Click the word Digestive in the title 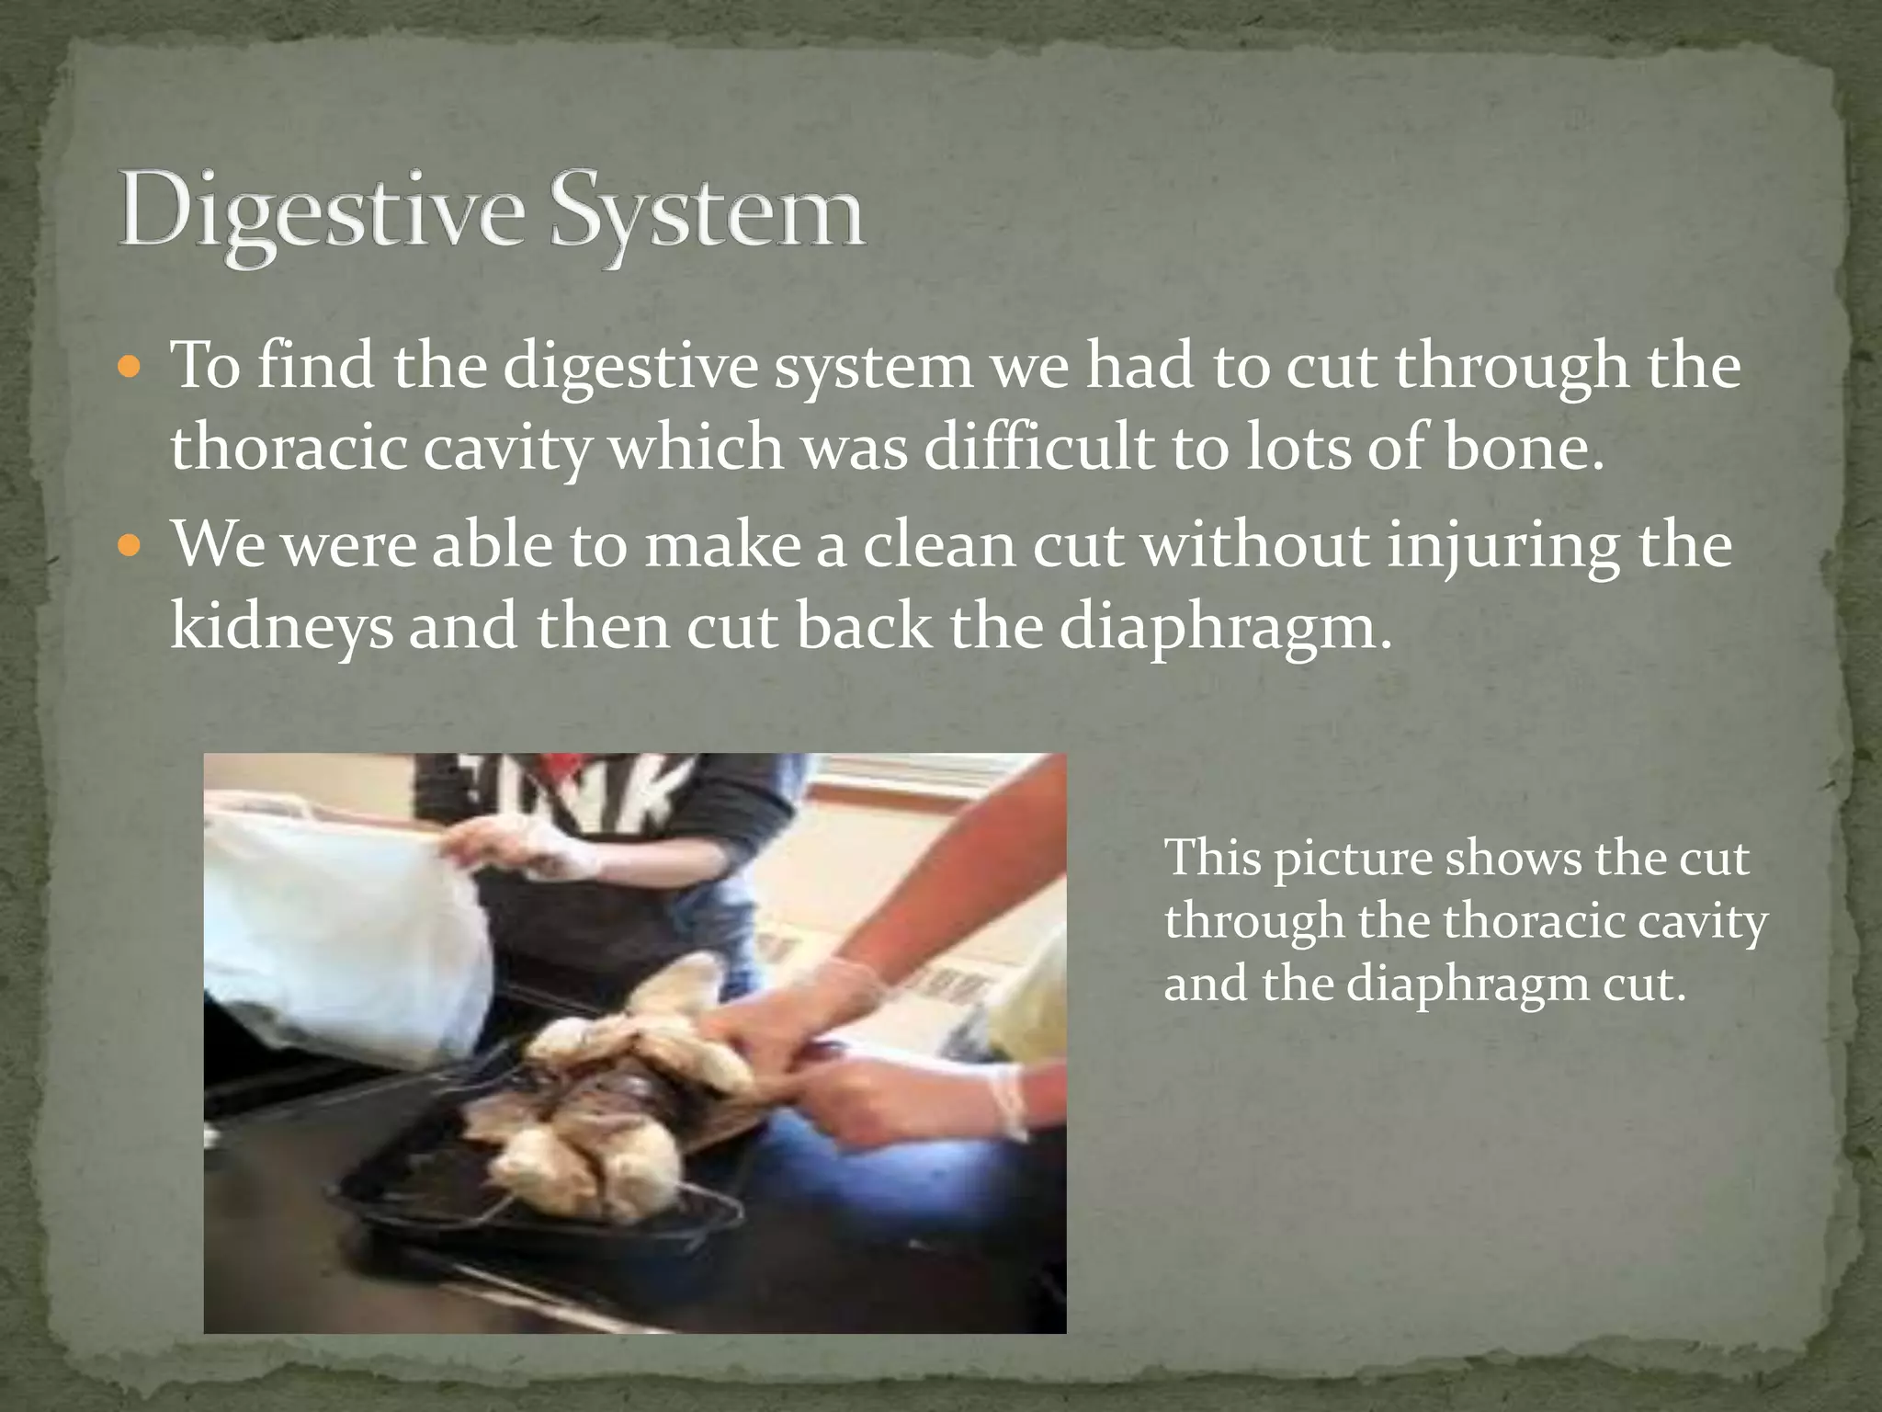pyautogui.click(x=322, y=211)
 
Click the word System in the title pyautogui.click(x=708, y=211)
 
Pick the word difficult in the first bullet pyautogui.click(x=1038, y=448)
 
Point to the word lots pyautogui.click(x=1297, y=448)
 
